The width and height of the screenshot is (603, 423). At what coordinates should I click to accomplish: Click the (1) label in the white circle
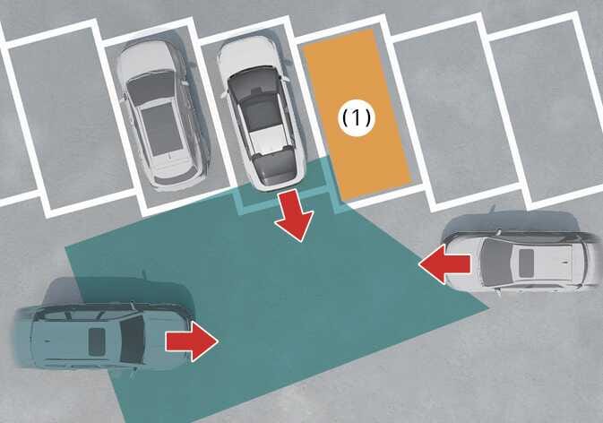pos(357,117)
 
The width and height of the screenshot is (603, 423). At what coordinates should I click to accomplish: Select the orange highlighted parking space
pos(357,114)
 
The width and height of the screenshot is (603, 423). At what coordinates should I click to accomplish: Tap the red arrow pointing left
pos(445,264)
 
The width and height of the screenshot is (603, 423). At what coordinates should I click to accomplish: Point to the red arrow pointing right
pos(192,341)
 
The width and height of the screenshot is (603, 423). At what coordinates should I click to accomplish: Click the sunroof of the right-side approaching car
pos(526,263)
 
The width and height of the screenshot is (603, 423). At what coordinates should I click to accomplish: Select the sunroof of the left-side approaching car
pos(96,341)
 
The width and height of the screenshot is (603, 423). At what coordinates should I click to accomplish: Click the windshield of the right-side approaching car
pos(491,264)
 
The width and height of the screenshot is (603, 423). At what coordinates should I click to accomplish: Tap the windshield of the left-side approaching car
pos(133,340)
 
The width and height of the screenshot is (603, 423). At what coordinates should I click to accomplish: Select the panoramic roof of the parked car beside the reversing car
pos(160,131)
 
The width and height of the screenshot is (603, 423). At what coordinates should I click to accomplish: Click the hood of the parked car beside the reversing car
pos(146,57)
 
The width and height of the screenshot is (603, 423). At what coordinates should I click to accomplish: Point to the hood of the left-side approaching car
pos(166,339)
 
